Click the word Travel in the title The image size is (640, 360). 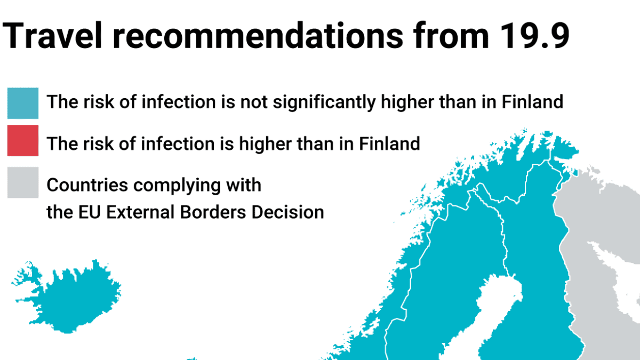click(x=52, y=36)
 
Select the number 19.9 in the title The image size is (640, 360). click(x=534, y=36)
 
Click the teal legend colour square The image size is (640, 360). click(x=23, y=103)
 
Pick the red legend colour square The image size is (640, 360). click(x=23, y=141)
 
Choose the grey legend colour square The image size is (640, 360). click(x=23, y=182)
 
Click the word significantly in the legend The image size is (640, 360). click(x=324, y=102)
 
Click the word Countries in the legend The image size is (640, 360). click(x=87, y=185)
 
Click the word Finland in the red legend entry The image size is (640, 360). click(x=389, y=143)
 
